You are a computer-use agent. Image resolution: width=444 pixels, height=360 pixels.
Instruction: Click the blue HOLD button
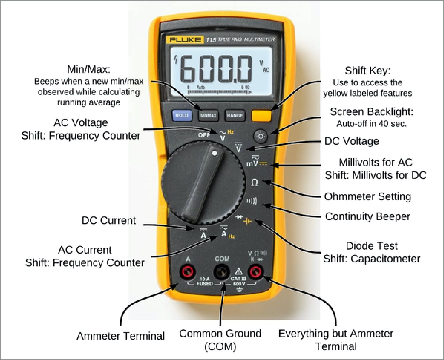click(182, 115)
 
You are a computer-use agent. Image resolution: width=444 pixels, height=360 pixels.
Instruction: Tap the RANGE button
click(234, 115)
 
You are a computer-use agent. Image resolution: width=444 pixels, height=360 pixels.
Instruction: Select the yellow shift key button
click(261, 115)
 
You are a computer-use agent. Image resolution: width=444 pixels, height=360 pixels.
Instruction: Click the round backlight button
click(261, 136)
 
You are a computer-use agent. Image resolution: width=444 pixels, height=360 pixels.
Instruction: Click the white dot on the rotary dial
click(215, 153)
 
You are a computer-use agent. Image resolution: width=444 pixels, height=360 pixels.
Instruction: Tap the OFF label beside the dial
click(204, 135)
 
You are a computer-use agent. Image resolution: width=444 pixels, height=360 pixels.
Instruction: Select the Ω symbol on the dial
click(254, 182)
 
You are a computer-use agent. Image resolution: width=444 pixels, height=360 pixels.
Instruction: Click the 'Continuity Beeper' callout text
click(368, 216)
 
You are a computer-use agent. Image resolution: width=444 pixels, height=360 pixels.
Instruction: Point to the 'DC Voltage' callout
click(352, 141)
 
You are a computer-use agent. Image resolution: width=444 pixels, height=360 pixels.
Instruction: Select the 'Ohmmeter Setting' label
click(368, 196)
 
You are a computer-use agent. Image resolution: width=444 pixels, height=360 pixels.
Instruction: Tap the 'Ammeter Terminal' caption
click(121, 336)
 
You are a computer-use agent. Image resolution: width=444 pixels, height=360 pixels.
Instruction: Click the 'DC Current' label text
click(109, 220)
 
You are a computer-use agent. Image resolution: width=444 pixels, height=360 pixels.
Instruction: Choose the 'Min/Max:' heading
click(89, 69)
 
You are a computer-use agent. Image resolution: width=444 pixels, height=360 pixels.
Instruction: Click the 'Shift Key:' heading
click(367, 70)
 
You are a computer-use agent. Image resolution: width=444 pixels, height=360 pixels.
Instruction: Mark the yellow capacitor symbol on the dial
click(247, 221)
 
